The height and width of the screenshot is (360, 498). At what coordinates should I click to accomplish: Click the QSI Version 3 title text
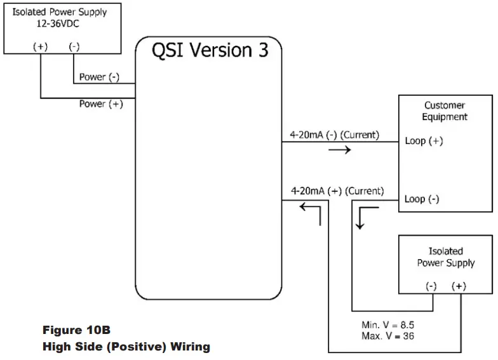(x=210, y=51)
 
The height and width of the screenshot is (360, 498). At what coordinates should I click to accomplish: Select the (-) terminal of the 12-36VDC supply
(x=74, y=46)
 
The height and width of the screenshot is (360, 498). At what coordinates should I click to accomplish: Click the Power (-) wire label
(x=100, y=77)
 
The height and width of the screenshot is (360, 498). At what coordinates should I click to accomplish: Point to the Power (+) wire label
(x=101, y=103)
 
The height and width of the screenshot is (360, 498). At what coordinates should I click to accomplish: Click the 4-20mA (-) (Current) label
(x=334, y=135)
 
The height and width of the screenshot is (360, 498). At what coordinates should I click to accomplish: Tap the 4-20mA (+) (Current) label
(x=337, y=190)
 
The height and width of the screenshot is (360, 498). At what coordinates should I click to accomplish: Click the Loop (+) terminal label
(x=424, y=141)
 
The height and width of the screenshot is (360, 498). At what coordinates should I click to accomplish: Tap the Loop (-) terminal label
(x=422, y=199)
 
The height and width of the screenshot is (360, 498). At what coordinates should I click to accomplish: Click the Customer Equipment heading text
(x=445, y=111)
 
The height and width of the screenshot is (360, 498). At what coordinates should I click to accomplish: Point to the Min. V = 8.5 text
(x=387, y=324)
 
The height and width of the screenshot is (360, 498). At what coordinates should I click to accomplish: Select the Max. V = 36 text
(x=387, y=335)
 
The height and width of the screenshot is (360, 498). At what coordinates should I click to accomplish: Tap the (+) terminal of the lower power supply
(x=459, y=286)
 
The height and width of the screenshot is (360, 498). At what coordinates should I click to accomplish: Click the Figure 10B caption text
(x=76, y=330)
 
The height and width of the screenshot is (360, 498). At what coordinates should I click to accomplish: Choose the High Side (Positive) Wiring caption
(x=126, y=347)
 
